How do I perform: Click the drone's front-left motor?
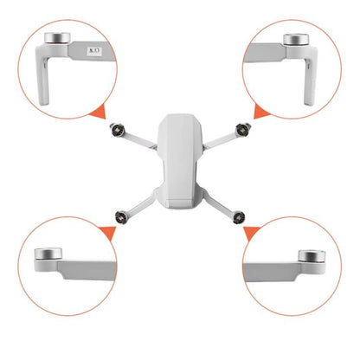point(115,132)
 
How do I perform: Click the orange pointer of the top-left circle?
point(102,111)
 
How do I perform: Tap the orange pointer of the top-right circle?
point(258,111)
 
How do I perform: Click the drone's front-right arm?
point(223,140)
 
